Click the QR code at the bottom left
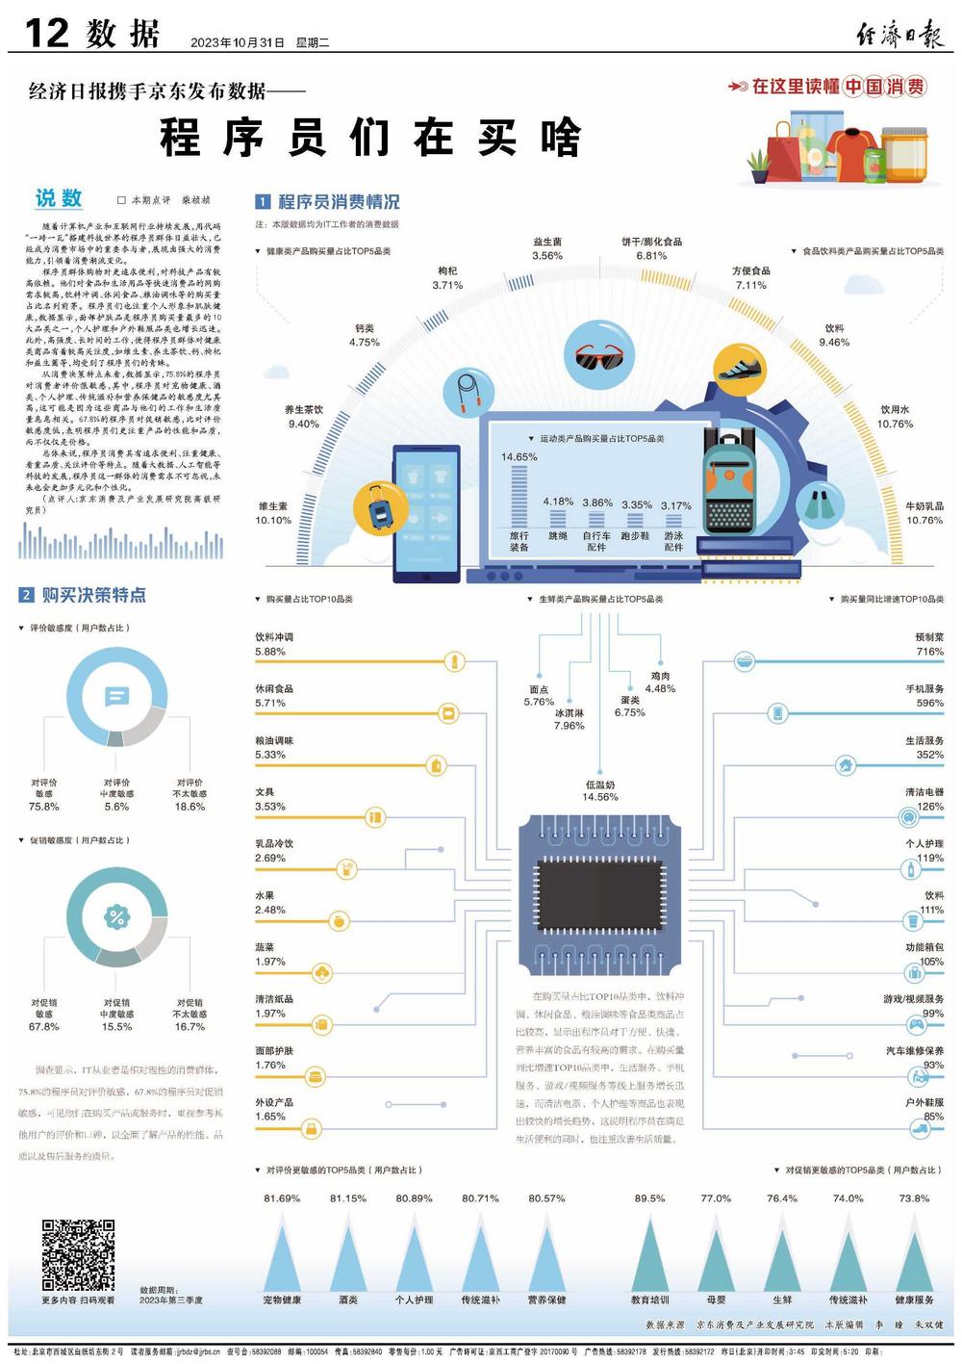78,1254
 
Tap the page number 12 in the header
46,34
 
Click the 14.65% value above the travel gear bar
519,457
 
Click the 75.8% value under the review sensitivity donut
44,807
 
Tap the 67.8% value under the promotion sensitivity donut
44,1027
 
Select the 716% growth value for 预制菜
929,652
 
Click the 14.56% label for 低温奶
600,797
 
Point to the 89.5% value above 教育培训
649,1198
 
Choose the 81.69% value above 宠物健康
282,1198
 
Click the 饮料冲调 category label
274,637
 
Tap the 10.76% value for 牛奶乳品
924,521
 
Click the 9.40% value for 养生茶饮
304,425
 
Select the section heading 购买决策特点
93,595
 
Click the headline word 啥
560,138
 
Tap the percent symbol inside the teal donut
116,916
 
